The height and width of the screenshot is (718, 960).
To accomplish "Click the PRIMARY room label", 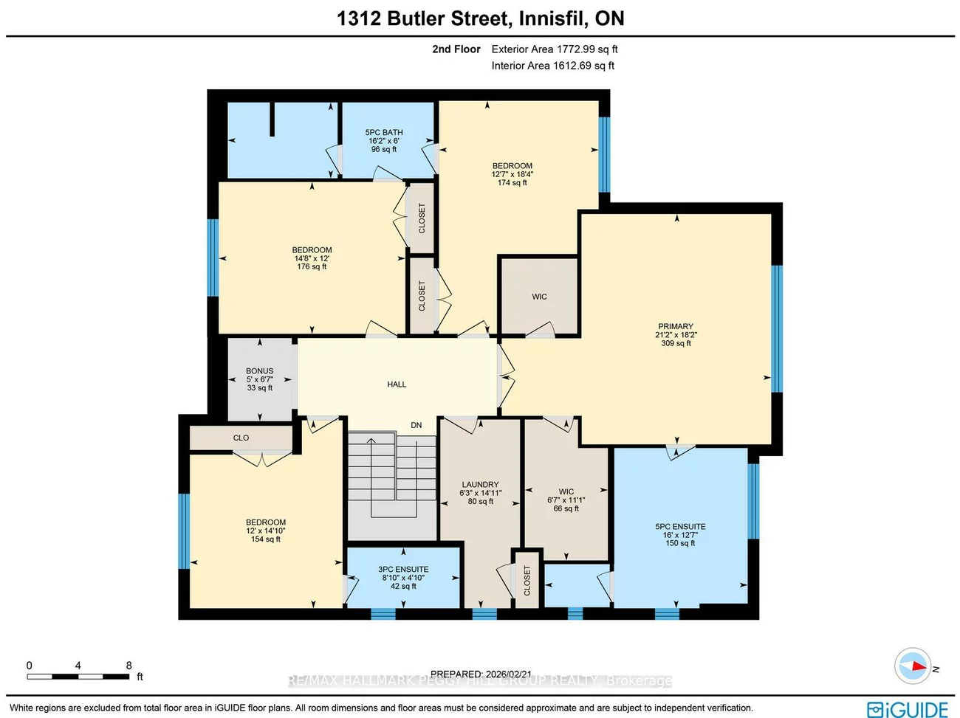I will [x=676, y=326].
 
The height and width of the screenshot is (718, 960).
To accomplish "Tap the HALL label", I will [x=397, y=384].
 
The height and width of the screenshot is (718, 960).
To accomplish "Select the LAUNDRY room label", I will [x=480, y=485].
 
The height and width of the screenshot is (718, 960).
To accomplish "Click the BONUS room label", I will [x=259, y=371].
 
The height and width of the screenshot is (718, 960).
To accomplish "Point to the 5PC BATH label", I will [x=384, y=133].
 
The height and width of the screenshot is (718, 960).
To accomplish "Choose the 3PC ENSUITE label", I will [x=403, y=570].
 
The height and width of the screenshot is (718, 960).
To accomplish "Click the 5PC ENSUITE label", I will [x=680, y=527].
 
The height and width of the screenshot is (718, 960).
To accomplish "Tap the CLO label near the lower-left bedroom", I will [x=241, y=438].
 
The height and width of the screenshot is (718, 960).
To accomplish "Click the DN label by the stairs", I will [x=416, y=425].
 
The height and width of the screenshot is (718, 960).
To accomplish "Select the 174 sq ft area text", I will [x=512, y=183].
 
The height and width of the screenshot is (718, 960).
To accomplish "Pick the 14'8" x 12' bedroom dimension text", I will [x=312, y=258].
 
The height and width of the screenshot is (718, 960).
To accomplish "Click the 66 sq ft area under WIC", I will [x=566, y=508].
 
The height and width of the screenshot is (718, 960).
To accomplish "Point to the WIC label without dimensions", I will [x=539, y=297].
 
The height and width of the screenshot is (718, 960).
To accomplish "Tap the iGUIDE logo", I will [x=908, y=708].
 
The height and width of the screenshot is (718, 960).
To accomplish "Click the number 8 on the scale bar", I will [x=128, y=666].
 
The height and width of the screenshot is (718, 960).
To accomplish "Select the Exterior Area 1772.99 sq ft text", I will [x=555, y=49].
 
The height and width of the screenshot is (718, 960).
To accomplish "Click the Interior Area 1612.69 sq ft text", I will [x=553, y=66].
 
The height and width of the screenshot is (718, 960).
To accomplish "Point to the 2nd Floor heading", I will [x=456, y=49].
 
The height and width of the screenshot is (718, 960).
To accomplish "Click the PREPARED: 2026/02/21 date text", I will [x=481, y=674].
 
